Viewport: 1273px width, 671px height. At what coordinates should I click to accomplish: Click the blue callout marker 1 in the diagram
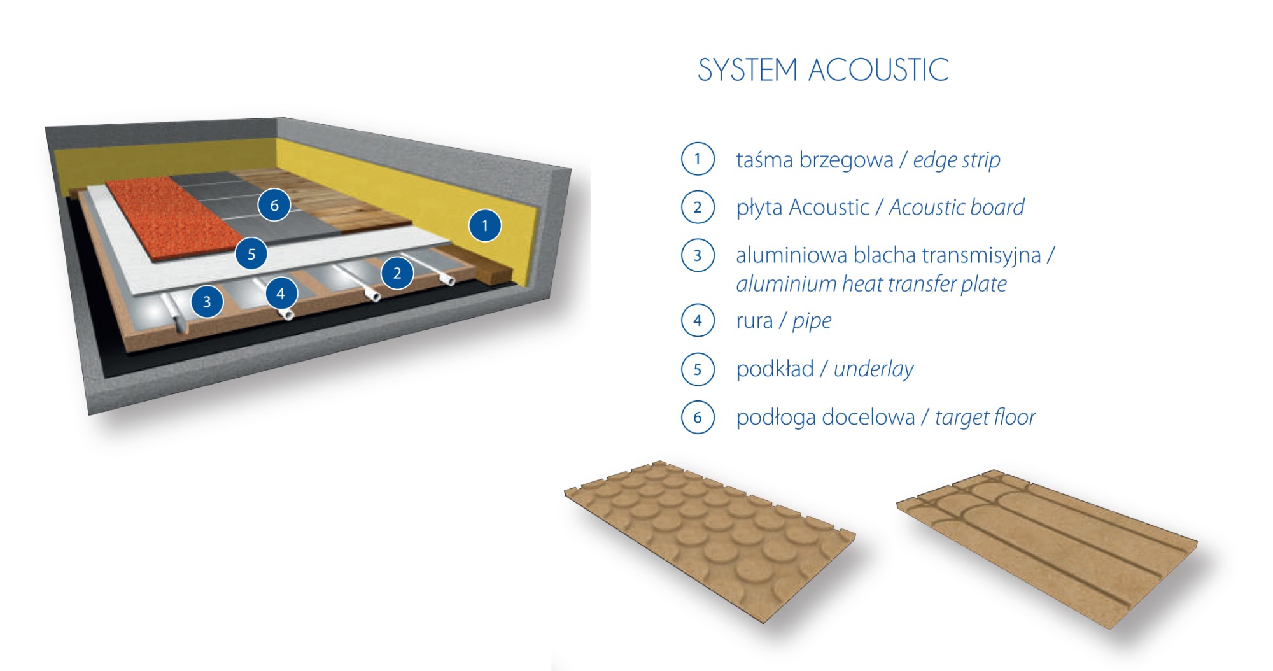tap(485, 225)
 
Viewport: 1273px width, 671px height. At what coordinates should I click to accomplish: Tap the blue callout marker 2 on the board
tap(397, 273)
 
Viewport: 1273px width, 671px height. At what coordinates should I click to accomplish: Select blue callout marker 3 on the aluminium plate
tap(207, 302)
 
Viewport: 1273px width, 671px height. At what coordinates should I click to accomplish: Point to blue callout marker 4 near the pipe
tap(281, 293)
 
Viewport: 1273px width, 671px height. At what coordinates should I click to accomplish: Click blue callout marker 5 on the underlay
tap(251, 254)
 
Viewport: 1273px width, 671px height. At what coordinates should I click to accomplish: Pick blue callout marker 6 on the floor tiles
tap(274, 205)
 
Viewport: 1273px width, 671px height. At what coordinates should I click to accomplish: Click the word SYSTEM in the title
tap(747, 70)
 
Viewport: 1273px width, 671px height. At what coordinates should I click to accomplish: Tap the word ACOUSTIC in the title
tap(878, 70)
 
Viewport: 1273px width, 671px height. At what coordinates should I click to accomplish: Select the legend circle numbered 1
tap(698, 159)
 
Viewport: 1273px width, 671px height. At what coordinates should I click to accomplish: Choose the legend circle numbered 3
tap(698, 255)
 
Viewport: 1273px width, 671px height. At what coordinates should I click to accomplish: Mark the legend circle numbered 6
tap(698, 417)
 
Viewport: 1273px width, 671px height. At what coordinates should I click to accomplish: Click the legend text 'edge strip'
tap(957, 160)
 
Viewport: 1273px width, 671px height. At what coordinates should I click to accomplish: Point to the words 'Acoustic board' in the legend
tap(957, 208)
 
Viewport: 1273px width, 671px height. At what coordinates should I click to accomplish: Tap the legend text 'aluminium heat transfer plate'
tap(871, 284)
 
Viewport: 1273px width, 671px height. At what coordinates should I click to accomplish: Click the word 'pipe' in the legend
tap(812, 321)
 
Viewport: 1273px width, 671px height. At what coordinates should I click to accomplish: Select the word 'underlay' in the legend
tap(873, 369)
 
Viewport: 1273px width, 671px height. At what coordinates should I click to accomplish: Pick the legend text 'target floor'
tap(985, 418)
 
